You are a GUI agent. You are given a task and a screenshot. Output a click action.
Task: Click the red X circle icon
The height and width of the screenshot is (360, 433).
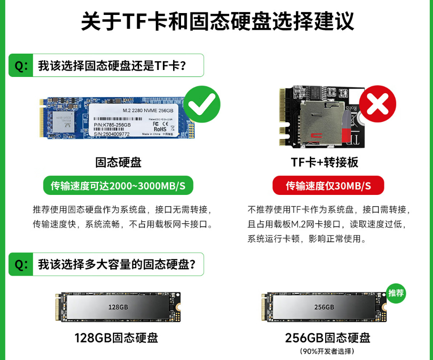377,104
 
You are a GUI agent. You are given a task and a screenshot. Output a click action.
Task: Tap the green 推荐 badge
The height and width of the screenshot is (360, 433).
396,293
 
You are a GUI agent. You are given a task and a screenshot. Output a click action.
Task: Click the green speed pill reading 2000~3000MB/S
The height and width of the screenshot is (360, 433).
118,186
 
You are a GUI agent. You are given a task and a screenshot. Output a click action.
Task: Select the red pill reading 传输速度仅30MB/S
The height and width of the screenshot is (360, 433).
328,186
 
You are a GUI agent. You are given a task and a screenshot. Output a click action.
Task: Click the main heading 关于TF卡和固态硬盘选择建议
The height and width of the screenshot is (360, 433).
217,21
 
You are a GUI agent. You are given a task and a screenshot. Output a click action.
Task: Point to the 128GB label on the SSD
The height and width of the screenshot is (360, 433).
118,307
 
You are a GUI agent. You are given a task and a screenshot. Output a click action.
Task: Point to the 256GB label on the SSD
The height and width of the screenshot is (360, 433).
324,307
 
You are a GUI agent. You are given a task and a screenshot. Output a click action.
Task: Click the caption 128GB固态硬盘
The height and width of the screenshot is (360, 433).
116,338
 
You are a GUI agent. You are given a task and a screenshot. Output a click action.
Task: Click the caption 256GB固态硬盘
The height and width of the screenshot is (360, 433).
328,338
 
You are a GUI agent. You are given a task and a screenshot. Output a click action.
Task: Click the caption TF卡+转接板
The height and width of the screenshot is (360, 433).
324,162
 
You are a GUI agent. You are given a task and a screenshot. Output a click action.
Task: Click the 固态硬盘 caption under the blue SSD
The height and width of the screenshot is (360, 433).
118,162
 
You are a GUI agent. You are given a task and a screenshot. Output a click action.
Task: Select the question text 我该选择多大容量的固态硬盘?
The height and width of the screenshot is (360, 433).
121,264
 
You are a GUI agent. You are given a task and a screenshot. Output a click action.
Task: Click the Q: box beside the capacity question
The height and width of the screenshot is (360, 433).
21,264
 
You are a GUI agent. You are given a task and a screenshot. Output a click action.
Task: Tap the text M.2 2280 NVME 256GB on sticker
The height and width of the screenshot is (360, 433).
147,111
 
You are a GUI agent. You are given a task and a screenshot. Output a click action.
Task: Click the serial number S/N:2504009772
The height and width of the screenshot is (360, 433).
112,134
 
